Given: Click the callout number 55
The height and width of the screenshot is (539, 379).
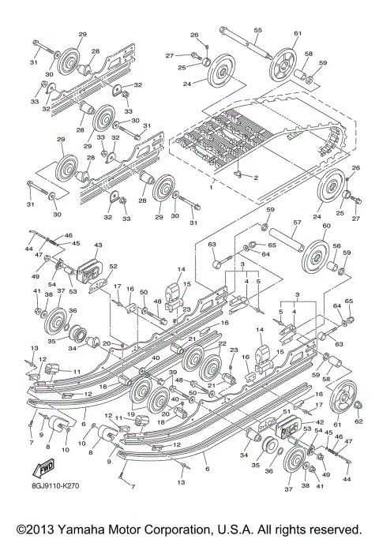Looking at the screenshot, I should pyautogui.click(x=257, y=29).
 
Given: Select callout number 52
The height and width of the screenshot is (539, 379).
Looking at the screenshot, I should pyautogui.click(x=113, y=268).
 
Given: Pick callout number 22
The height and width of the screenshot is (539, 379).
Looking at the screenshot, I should pyautogui.click(x=222, y=343).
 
